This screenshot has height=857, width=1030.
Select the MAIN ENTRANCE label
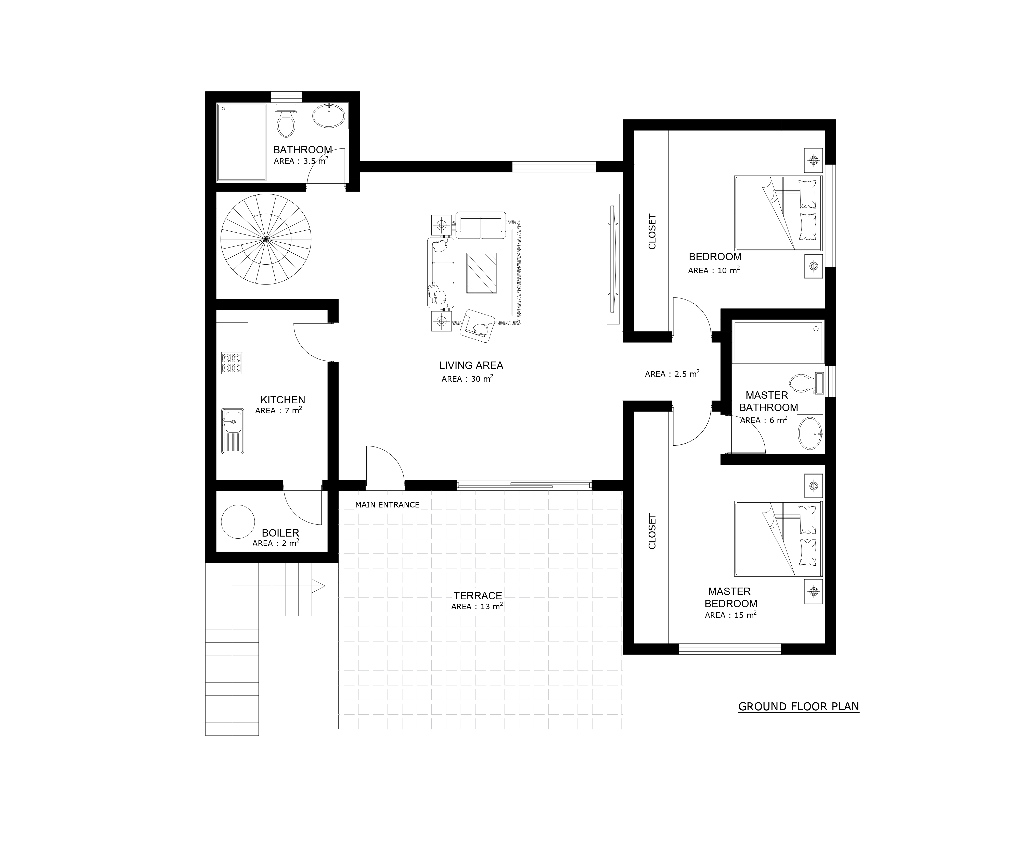[388, 505]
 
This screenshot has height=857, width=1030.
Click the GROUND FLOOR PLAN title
[799, 706]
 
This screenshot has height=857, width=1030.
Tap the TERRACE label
[478, 595]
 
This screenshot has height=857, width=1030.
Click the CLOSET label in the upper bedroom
[652, 231]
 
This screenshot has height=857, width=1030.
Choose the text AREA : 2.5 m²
[672, 374]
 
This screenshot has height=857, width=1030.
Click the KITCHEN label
[283, 400]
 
